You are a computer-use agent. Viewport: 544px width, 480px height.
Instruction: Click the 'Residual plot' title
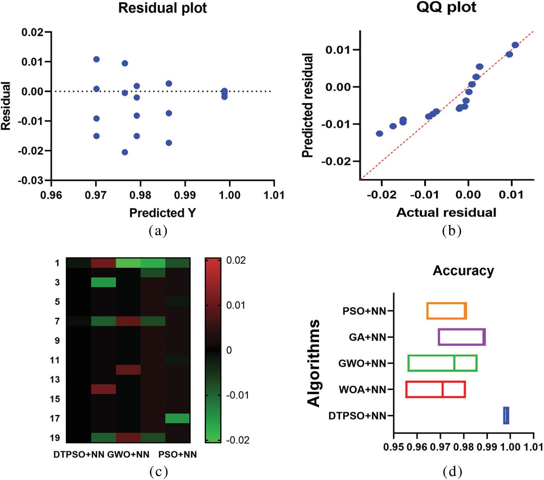(x=162, y=8)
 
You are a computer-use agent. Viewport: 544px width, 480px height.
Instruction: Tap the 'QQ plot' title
(x=446, y=7)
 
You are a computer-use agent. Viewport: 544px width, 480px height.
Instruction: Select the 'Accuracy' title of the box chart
(x=463, y=271)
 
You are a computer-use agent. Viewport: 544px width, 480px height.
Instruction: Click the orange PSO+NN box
(x=446, y=311)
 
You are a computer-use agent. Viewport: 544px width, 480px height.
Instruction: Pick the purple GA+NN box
(x=462, y=337)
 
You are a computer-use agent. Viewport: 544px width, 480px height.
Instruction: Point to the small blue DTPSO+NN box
(x=506, y=416)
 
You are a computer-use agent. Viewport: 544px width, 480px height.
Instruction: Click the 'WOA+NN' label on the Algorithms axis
(x=362, y=389)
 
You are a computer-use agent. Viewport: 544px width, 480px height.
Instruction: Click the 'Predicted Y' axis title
(x=162, y=213)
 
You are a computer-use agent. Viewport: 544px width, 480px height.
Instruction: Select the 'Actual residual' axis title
(x=446, y=213)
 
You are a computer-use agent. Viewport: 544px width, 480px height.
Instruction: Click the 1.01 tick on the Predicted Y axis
(x=274, y=195)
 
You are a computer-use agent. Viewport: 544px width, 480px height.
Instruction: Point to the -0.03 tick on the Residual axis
(x=30, y=180)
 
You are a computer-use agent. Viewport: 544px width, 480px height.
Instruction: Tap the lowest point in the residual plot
(x=125, y=152)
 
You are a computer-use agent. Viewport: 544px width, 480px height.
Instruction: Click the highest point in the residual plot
(x=96, y=59)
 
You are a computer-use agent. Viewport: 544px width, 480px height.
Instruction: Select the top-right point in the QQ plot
(x=515, y=45)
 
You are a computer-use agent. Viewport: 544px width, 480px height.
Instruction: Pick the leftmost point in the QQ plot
(x=379, y=134)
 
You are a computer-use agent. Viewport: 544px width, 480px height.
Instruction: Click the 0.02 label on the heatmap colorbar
(x=236, y=260)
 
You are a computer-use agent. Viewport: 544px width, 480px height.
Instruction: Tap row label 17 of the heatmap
(x=55, y=418)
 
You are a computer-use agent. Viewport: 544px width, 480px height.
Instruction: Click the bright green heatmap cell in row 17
(x=177, y=418)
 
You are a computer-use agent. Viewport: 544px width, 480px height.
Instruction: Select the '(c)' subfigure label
(x=158, y=471)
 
